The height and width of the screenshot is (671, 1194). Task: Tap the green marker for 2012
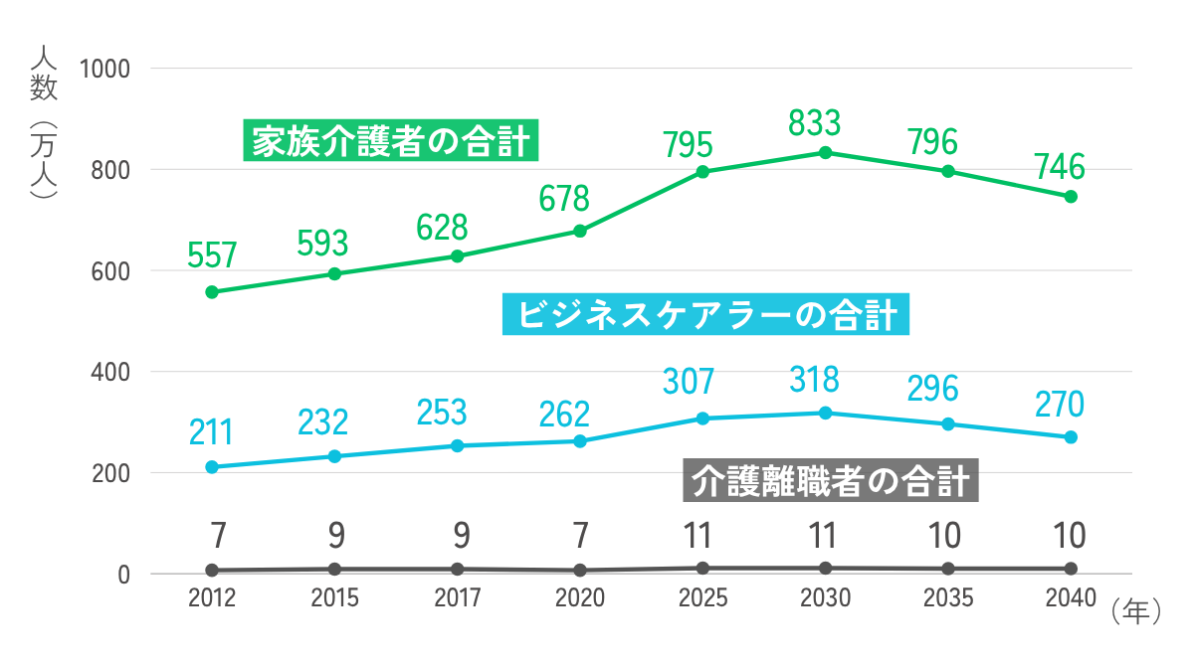click(212, 292)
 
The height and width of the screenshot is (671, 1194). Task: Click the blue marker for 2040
click(1071, 437)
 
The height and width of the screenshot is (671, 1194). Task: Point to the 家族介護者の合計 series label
click(391, 141)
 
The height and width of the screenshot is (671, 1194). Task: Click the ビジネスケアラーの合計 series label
click(707, 315)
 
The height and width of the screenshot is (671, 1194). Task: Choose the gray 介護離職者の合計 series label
click(831, 482)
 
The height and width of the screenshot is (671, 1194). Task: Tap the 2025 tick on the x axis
click(702, 598)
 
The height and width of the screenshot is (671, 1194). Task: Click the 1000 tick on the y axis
click(109, 69)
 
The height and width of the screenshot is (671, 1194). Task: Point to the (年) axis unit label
click(1133, 609)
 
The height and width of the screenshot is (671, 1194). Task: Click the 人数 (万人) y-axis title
click(44, 119)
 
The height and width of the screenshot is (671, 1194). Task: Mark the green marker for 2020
click(580, 232)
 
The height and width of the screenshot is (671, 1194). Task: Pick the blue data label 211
click(211, 433)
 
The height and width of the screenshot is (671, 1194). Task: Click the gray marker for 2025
click(702, 569)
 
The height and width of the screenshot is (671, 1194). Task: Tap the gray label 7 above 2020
click(580, 536)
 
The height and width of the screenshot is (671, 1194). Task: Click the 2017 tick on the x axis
click(458, 598)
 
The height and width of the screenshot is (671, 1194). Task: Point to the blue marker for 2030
click(825, 413)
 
